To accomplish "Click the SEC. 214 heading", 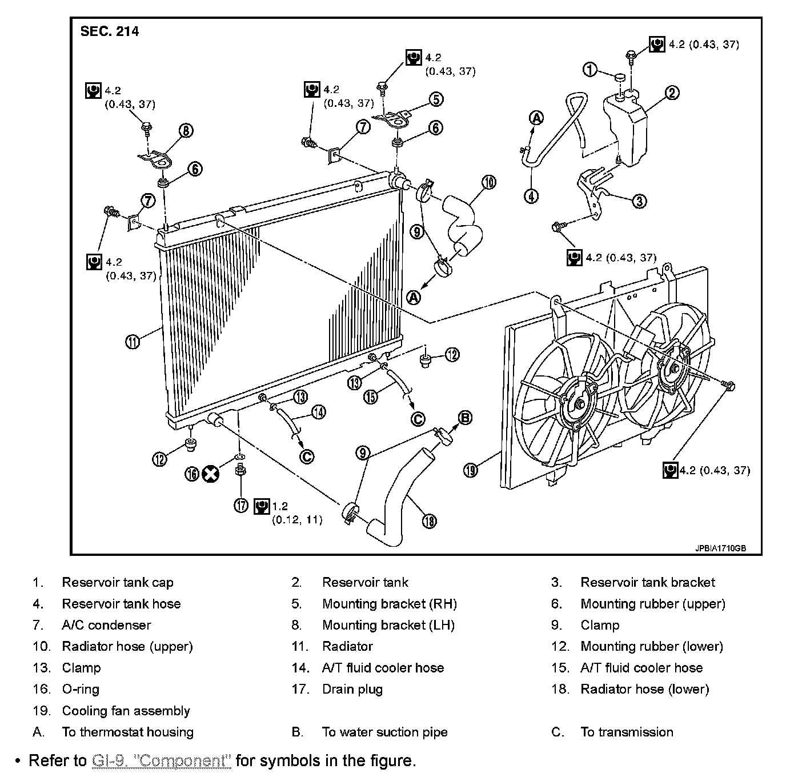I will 109,31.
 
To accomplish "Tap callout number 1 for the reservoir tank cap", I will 590,70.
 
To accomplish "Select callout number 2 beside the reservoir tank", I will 673,93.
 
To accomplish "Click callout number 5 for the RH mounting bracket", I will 436,99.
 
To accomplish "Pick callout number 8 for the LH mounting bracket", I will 186,130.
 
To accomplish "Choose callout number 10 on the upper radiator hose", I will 489,183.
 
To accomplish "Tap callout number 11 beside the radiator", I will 133,342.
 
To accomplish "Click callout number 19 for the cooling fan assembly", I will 470,471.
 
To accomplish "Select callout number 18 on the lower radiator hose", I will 430,520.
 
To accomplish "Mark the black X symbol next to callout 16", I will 211,474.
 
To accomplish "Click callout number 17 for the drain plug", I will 242,505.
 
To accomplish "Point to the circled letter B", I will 466,418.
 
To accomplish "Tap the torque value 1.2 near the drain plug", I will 280,506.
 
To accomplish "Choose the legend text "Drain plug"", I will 352,689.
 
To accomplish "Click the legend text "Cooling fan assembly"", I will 126,711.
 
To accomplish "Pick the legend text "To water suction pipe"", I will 384,732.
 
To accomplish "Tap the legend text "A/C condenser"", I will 106,625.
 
